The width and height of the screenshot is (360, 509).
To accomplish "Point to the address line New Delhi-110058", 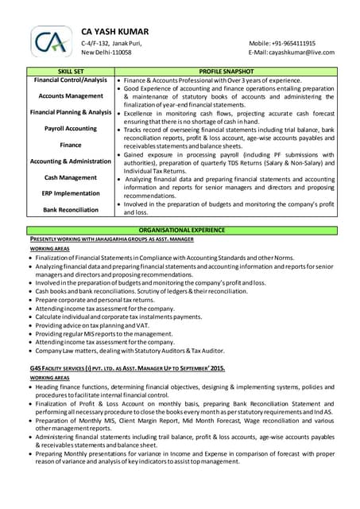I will tap(106, 52).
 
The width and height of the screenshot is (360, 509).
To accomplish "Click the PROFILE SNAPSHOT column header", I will tap(226, 72).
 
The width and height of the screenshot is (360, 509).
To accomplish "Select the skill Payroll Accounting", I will tap(71, 128).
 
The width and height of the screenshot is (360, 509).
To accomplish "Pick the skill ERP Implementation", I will tap(71, 193).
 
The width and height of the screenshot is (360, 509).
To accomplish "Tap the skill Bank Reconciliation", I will tap(71, 210).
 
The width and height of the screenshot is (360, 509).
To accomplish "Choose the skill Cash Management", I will tap(71, 177).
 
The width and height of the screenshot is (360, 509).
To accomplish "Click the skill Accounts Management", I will tap(71, 95).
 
